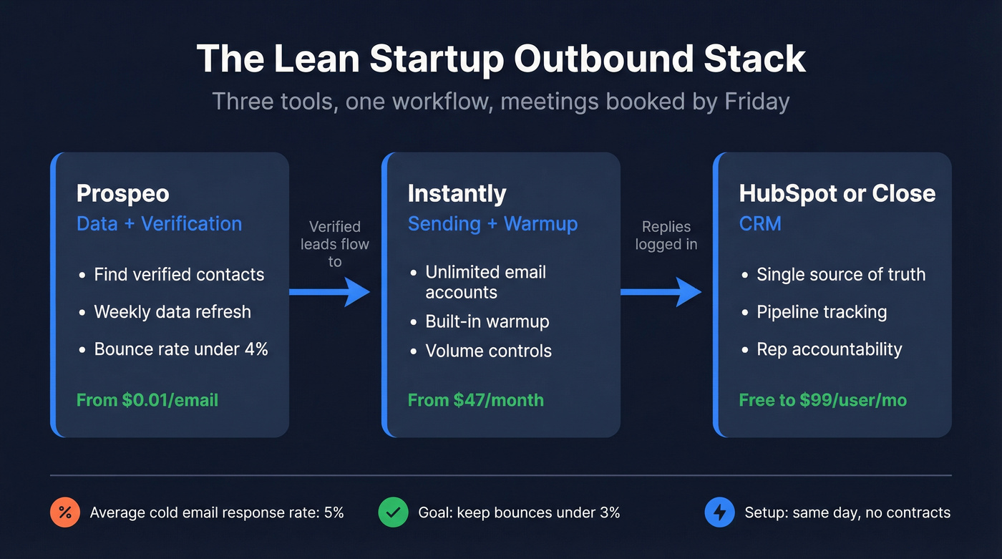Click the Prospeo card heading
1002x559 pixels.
click(x=122, y=193)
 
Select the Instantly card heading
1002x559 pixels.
click(x=457, y=193)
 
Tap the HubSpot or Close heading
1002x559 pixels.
click(x=837, y=193)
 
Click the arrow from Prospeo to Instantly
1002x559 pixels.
click(x=329, y=292)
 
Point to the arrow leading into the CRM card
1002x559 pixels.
click(x=661, y=292)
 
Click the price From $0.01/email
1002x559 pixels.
click(x=147, y=399)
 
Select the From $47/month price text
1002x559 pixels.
click(x=475, y=399)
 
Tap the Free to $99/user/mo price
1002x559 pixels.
click(x=822, y=399)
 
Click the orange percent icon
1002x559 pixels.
click(x=64, y=512)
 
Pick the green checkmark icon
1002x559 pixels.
click(x=392, y=512)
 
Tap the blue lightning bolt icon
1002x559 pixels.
click(x=719, y=512)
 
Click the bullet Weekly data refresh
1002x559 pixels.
click(x=172, y=312)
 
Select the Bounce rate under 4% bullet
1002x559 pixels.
click(x=181, y=349)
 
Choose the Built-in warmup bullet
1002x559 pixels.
click(x=487, y=321)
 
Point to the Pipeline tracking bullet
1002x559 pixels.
click(x=822, y=312)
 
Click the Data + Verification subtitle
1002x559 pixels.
click(x=159, y=223)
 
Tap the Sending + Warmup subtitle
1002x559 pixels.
click(x=492, y=223)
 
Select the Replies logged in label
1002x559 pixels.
click(x=666, y=235)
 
